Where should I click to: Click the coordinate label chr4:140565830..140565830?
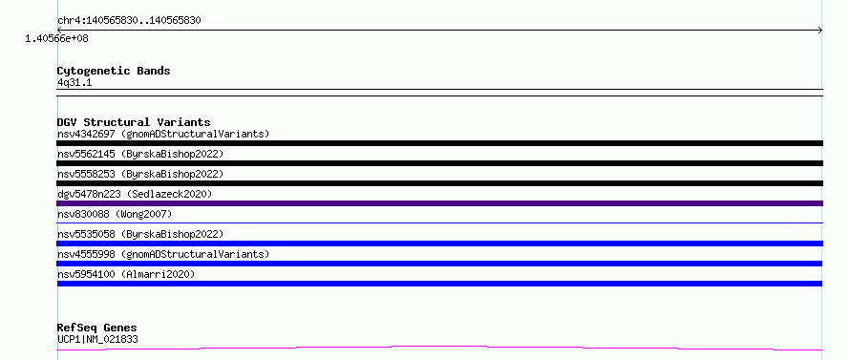129,21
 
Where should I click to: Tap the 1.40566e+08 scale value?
56,38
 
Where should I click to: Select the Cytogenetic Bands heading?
114,71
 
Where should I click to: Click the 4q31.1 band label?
74,82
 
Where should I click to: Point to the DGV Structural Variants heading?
134,122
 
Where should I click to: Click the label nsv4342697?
86,134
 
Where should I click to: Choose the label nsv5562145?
86,154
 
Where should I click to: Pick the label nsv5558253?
86,174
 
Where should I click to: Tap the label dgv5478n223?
86,194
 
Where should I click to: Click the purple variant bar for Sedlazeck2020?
439,203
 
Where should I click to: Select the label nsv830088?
83,214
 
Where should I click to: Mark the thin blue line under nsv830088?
439,222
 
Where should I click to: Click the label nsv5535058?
86,234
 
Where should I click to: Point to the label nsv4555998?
86,254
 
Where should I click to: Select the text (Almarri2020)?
158,274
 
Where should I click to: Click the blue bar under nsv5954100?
439,284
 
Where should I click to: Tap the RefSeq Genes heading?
97,328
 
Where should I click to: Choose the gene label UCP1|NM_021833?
97,340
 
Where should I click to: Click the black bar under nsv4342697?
439,143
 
